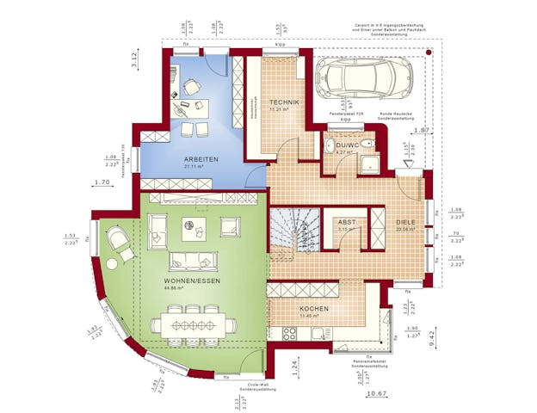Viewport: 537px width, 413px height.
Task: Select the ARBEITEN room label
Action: coord(200,159)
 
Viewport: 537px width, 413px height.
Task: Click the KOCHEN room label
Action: coord(312,308)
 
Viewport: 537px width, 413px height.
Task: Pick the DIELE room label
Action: coord(404,221)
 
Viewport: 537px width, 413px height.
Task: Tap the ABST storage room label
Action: coord(346,221)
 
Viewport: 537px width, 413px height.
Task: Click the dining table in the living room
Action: coord(193,324)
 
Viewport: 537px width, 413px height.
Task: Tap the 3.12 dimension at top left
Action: coord(134,59)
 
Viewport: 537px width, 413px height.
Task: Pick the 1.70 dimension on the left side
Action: coord(101,182)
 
